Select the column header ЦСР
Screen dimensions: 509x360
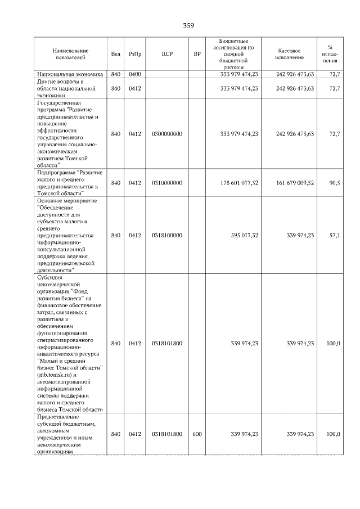point(166,53)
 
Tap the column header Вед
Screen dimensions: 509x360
point(115,53)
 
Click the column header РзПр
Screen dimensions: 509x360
point(134,53)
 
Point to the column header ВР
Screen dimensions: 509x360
point(197,53)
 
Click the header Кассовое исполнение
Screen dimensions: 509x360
point(290,53)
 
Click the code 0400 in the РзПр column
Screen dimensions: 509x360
point(134,74)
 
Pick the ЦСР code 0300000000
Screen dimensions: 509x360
point(166,133)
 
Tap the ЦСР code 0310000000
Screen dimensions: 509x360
point(166,183)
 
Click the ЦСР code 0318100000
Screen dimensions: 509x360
point(166,235)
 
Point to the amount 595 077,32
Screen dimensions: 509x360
point(245,235)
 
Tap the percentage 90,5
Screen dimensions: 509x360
point(334,183)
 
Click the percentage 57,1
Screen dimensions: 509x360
point(334,235)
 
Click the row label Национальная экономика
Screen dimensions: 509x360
point(70,74)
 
